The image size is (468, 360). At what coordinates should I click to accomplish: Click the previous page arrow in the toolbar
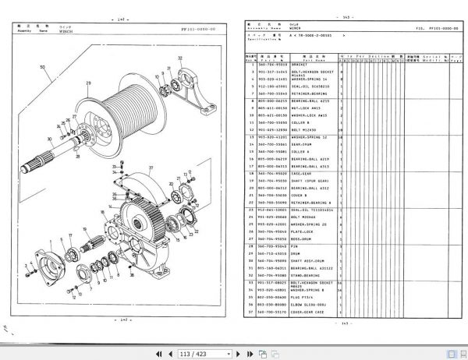coord(168,350)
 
